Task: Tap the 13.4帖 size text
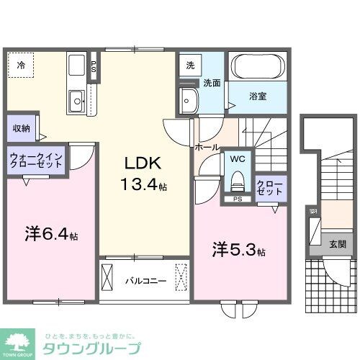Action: [x=144, y=185]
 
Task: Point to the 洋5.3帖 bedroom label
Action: [x=238, y=251]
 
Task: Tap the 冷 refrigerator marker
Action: [x=21, y=65]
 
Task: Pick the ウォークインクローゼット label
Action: [x=36, y=160]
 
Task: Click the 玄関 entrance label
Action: [x=337, y=244]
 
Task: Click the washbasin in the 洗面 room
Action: [x=189, y=100]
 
